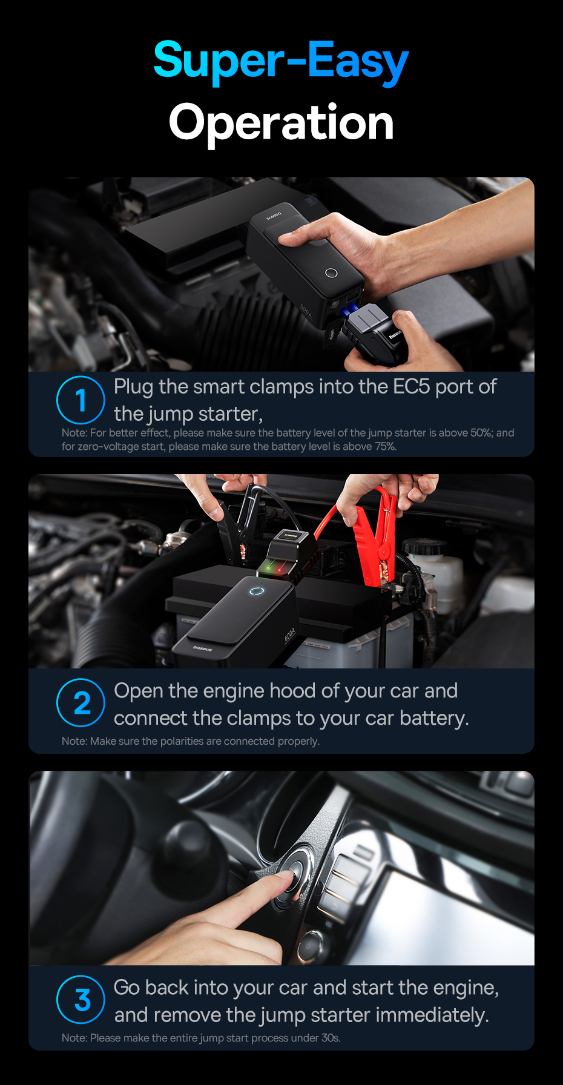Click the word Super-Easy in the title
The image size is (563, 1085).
coord(281,61)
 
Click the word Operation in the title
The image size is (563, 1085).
coord(281,123)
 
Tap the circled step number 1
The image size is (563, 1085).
coord(81,400)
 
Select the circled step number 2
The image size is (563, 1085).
coord(81,703)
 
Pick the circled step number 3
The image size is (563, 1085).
coord(81,1000)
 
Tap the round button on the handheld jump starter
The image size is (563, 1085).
coord(331,273)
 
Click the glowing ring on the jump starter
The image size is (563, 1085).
coord(257,591)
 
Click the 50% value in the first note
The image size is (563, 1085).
coord(481,433)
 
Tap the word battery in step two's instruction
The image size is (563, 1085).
coord(433,718)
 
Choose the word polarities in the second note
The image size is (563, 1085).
coord(182,742)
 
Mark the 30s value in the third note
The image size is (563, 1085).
coord(331,1038)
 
